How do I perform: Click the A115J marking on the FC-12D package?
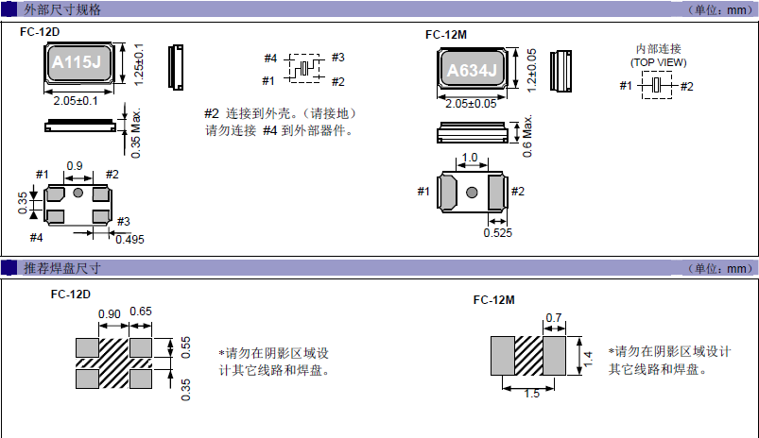78,64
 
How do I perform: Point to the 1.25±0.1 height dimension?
139,64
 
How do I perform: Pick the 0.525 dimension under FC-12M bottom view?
497,232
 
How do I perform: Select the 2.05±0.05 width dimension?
474,104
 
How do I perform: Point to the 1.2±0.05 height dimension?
532,69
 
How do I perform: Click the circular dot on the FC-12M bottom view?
471,193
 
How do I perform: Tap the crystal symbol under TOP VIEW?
656,87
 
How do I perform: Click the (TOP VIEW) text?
658,62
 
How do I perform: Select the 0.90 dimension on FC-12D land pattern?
110,313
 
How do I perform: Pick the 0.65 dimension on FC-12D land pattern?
141,313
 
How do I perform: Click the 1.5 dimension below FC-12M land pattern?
531,394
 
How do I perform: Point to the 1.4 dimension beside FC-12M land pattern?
587,358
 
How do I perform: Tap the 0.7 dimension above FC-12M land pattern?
554,317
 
